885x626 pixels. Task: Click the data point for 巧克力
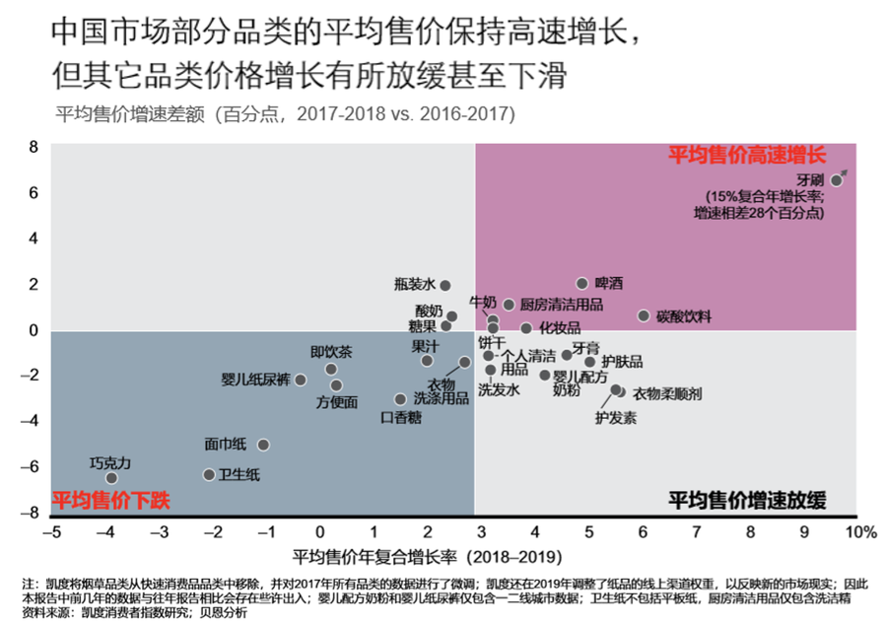point(111,478)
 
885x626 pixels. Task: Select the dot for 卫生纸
point(209,474)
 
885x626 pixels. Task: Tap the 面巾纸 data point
point(263,445)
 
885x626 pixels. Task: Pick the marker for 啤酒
point(582,284)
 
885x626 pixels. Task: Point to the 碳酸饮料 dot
point(644,315)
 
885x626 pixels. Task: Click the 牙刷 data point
point(837,180)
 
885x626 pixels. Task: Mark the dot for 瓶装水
point(445,285)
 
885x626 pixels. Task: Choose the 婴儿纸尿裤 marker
point(301,380)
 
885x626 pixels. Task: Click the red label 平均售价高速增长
point(746,155)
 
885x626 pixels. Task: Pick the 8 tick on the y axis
point(33,147)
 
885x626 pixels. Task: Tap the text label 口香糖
point(400,417)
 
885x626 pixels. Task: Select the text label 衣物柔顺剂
point(666,393)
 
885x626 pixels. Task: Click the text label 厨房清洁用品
point(560,305)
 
